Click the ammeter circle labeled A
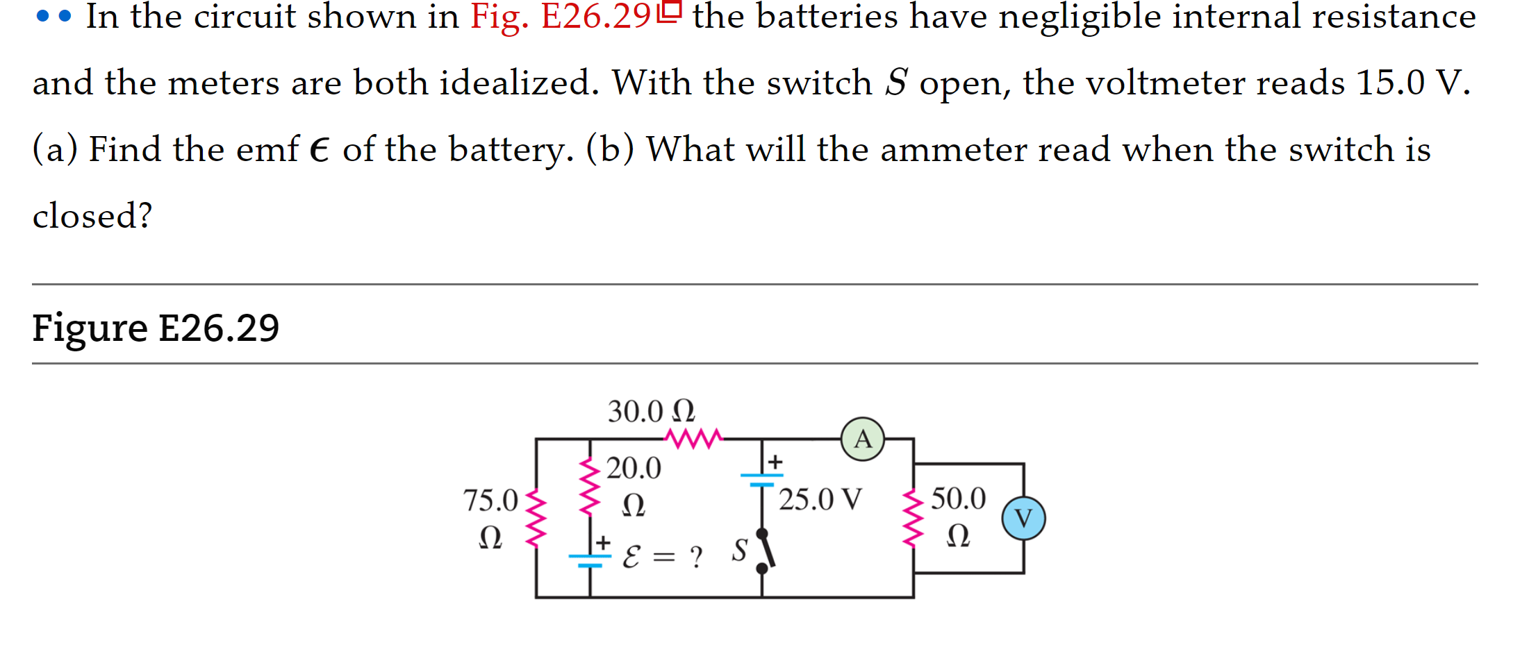coord(862,439)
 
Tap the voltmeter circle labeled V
coord(1023,518)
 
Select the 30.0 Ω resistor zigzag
coord(694,438)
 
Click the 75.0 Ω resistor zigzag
coord(536,518)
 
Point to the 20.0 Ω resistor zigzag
coord(590,486)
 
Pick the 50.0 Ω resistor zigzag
coord(913,518)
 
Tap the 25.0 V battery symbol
coord(761,479)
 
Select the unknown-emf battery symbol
coord(590,560)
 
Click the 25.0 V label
coord(820,499)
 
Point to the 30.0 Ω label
coord(651,411)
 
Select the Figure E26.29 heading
coord(156,328)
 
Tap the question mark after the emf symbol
coord(696,557)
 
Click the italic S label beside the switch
coord(739,550)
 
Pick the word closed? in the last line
coord(92,216)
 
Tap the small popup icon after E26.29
coord(670,11)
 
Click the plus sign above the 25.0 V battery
coord(775,462)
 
